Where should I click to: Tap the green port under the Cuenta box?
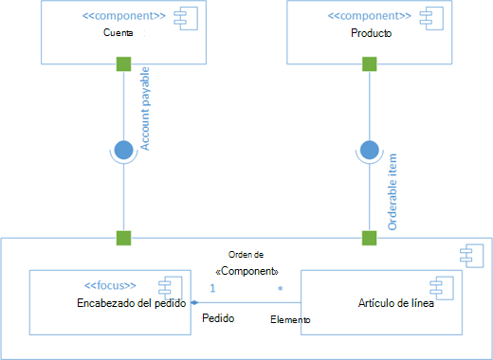pos(121,64)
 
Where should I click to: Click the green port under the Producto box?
pos(369,64)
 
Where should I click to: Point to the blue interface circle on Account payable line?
pos(122,149)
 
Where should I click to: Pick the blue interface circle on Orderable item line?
pos(369,150)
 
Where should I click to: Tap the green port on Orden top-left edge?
pos(121,235)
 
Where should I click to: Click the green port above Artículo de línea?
pos(369,235)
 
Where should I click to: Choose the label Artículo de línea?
pos(398,302)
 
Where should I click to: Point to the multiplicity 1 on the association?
pos(213,287)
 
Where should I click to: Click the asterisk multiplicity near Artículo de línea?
pos(280,288)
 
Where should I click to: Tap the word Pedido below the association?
pos(219,318)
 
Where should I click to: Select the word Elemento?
pos(289,321)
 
